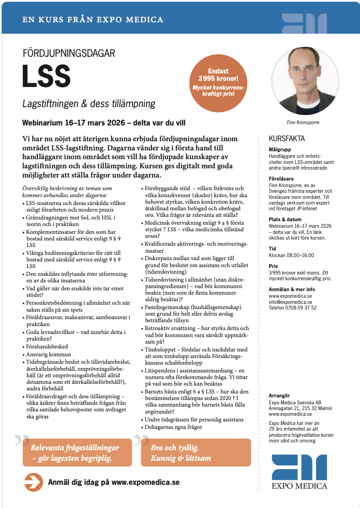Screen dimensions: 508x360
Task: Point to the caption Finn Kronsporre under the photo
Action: pyautogui.click(x=303, y=122)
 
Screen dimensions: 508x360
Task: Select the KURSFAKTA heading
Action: pyautogui.click(x=287, y=139)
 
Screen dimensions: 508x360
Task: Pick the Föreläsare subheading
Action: pyautogui.click(x=280, y=179)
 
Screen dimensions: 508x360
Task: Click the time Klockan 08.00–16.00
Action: pyautogui.click(x=291, y=255)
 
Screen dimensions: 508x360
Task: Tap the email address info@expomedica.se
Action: pyautogui.click(x=290, y=302)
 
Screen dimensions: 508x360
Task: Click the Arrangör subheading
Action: pyautogui.click(x=279, y=396)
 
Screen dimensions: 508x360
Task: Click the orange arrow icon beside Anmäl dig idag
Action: pyautogui.click(x=33, y=482)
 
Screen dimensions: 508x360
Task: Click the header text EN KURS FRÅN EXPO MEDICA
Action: pyautogui.click(x=93, y=20)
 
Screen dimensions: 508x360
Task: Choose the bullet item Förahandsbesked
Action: pyautogui.click(x=45, y=347)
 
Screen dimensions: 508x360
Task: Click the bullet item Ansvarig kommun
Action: pyautogui.click(x=48, y=354)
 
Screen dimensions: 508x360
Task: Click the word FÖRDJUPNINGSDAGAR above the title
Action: pyautogui.click(x=69, y=54)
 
